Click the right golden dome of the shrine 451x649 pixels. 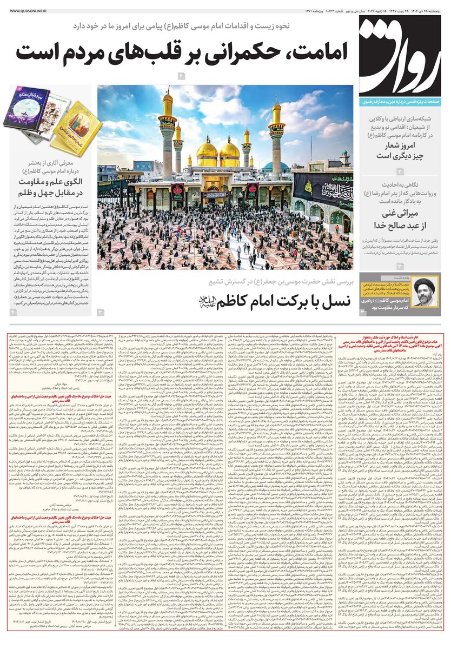tap(230, 151)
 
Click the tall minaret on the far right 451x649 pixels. tap(277, 135)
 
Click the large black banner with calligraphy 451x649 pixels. tap(323, 187)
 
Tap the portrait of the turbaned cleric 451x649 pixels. tap(426, 294)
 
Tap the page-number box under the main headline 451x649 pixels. tap(182, 76)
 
